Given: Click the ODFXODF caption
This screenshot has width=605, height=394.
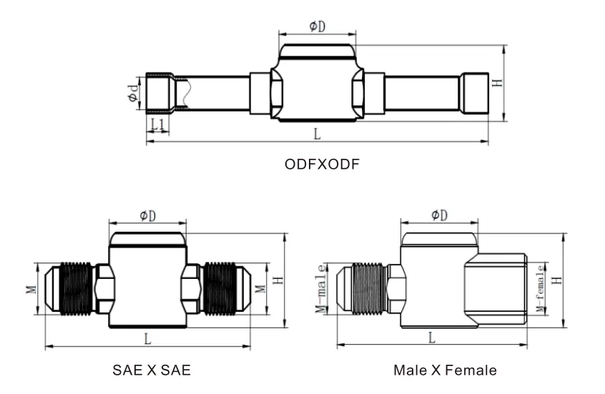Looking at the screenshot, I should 322,164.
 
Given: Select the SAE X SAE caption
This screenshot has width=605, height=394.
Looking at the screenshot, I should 152,370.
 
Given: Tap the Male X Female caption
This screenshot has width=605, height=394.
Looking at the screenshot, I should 445,370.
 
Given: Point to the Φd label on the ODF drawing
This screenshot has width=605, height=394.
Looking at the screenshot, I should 134,93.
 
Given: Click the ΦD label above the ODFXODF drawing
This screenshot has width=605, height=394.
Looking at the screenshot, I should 318,26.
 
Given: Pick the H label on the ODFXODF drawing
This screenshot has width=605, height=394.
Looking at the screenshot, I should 498,83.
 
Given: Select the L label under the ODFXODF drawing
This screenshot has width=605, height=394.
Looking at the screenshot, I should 318,134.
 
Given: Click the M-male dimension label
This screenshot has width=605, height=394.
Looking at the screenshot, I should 322,288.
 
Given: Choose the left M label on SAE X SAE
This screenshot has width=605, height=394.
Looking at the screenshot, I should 31,289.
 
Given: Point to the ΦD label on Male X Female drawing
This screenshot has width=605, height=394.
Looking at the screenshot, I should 439,215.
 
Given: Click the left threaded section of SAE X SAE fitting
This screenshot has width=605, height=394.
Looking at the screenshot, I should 77,288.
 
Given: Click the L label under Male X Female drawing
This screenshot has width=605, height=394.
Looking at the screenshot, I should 432,338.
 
